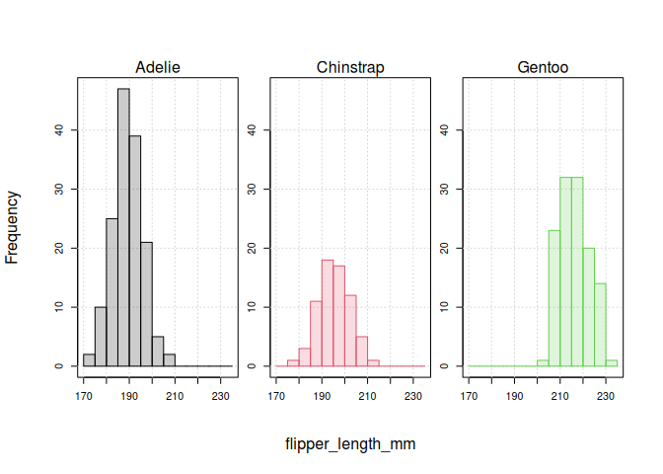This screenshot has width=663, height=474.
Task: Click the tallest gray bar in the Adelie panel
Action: point(123,227)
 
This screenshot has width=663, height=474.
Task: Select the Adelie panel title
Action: point(158,68)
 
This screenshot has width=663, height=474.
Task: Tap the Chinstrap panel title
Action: point(350,68)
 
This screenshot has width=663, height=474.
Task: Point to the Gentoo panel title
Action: point(543,68)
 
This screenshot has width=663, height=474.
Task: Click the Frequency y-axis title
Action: point(13,227)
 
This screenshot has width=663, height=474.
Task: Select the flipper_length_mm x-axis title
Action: point(350,444)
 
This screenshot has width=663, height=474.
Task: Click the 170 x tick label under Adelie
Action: point(84,397)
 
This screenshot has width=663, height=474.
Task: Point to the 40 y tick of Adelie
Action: point(60,128)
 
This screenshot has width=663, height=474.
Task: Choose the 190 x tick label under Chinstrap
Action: point(323,397)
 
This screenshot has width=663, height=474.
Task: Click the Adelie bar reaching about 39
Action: point(135,251)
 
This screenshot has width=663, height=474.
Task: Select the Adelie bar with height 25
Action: point(112,292)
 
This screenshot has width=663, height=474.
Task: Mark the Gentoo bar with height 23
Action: point(554,298)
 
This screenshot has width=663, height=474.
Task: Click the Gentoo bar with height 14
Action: point(600,325)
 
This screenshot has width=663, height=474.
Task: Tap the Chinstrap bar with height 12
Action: point(350,331)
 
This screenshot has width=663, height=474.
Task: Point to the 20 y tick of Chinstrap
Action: point(253,248)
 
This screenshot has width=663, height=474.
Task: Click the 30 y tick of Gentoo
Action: point(445,189)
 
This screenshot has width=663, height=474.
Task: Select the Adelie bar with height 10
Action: point(101,337)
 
